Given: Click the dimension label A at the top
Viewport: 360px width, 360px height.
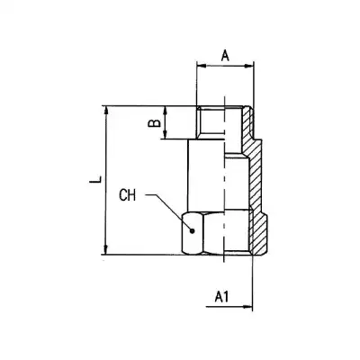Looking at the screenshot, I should point(224,55).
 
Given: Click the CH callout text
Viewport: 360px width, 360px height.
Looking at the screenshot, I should point(129,193).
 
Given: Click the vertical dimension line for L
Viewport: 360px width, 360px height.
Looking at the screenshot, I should point(107,180).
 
